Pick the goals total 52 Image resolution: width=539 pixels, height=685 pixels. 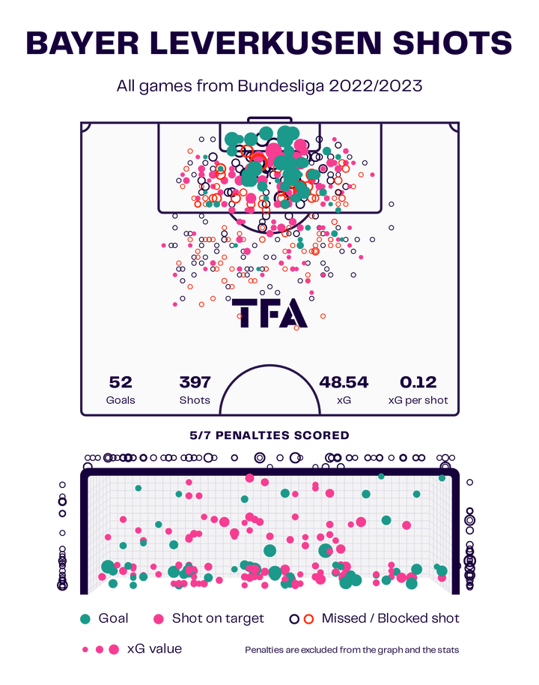121,382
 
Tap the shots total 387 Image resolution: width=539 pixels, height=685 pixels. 195,382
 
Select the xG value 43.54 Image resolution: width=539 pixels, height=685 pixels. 344,382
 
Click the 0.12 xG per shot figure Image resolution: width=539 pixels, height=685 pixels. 418,382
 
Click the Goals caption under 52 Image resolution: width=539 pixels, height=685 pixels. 121,400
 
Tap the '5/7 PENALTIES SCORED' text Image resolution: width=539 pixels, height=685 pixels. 269,435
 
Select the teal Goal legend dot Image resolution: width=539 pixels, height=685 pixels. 85,618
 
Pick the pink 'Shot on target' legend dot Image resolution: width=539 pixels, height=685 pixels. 159,618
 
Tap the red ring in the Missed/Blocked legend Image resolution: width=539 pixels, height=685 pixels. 308,618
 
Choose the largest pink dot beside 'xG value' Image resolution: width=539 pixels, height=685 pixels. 114,650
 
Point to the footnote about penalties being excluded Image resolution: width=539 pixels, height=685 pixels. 352,650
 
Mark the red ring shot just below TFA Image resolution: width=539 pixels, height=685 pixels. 296,327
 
